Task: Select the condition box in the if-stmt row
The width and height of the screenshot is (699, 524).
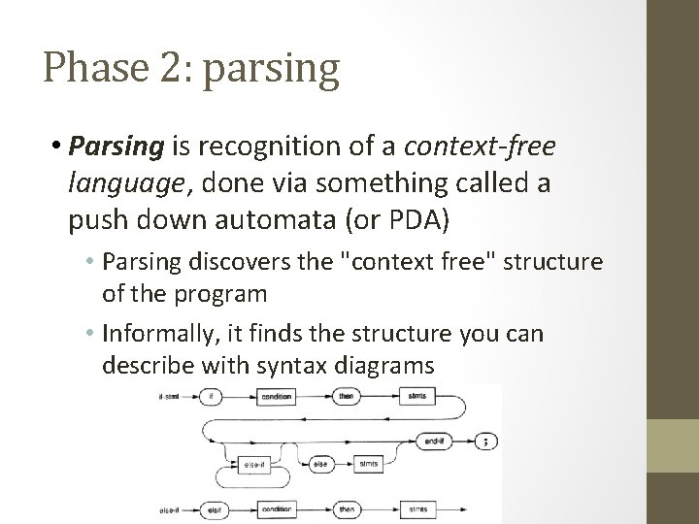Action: [283, 396]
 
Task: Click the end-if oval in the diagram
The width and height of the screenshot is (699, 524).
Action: [433, 440]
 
